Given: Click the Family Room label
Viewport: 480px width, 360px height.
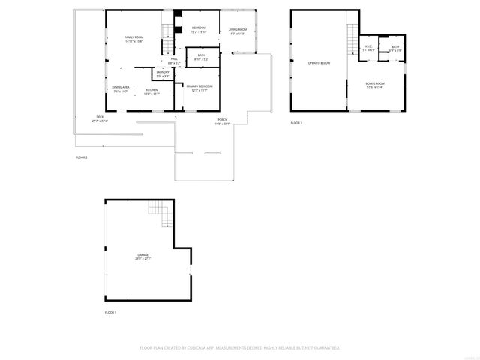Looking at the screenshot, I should point(133,39).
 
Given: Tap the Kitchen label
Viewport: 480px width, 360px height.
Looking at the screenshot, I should point(152,91).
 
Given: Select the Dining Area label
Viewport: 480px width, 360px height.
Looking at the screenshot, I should point(121,89).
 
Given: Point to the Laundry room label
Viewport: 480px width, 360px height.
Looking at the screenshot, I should point(163,73).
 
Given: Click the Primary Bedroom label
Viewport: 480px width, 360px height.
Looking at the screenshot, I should point(199,88).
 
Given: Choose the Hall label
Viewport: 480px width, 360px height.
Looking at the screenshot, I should point(174,60).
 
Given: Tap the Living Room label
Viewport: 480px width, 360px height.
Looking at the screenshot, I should point(238,31).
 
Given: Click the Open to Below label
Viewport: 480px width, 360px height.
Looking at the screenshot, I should point(319,63).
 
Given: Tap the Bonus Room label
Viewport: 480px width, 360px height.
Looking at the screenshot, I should point(375,85).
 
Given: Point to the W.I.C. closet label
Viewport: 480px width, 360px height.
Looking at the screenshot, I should point(368,49).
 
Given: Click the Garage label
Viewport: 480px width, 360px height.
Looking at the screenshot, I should point(142,256).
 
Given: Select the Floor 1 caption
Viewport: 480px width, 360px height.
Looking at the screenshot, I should point(110,311).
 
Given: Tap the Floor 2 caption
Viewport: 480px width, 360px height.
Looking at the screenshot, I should point(81,157).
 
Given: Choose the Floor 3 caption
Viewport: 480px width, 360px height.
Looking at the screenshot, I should point(296,122).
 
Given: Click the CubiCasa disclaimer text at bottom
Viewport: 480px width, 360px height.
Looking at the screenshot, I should point(240,347).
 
